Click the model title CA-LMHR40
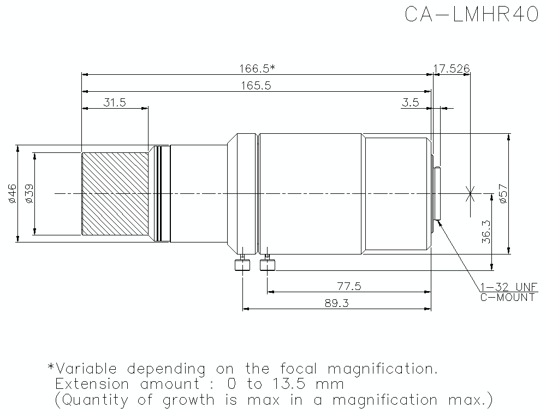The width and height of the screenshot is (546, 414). point(472,15)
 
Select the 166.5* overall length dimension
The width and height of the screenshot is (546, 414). point(257,68)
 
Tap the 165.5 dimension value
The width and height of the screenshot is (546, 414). point(256,85)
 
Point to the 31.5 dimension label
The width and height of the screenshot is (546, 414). point(115,103)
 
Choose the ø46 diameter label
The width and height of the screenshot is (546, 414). point(12,193)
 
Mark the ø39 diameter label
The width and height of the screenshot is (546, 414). point(29,193)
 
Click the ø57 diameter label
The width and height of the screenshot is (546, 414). point(503,194)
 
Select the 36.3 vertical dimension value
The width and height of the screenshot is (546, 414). point(486,232)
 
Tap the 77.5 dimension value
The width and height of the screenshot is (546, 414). point(349,286)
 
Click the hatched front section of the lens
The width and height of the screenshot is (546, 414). point(115,193)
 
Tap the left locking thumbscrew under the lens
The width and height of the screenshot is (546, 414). point(241,265)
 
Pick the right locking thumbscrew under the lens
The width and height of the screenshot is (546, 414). point(268,265)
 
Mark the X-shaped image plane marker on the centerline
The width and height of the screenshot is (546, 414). point(470,193)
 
